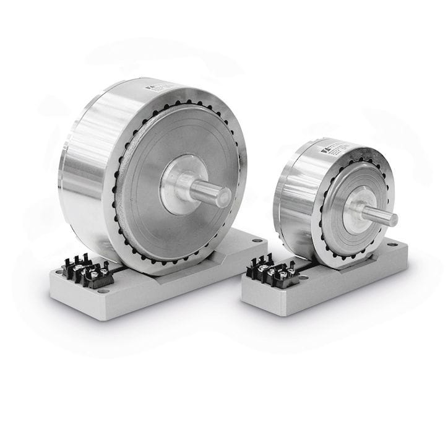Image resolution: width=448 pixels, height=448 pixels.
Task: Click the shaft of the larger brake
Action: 213,194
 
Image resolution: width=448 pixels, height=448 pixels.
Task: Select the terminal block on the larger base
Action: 83,272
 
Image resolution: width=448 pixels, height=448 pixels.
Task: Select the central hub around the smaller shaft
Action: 355,209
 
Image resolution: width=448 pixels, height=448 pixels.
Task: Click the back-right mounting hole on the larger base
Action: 257,240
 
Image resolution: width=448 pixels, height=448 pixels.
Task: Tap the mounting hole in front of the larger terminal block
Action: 102,291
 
